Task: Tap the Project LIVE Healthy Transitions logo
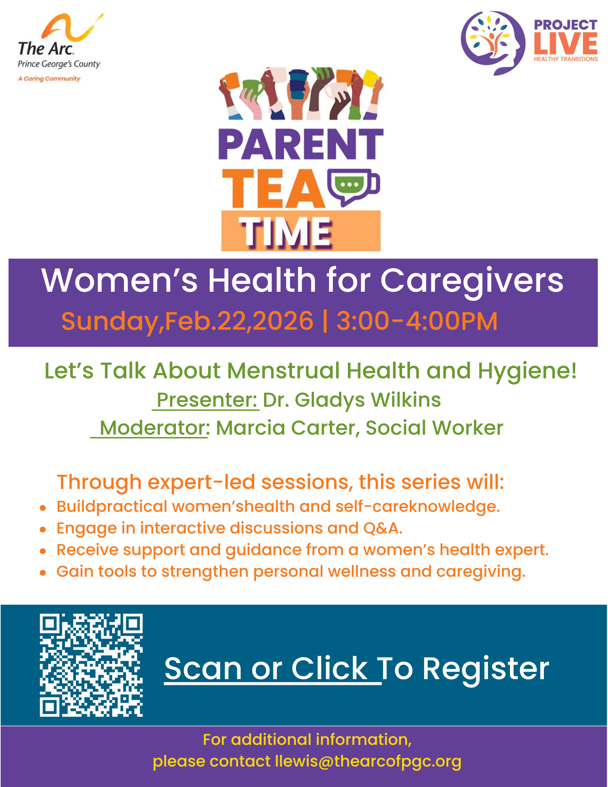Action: pos(529,43)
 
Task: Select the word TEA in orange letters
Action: pos(273,189)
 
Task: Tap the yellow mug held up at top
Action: pos(371,78)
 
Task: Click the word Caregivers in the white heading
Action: pos(471,281)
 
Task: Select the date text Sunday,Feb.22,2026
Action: pos(187,321)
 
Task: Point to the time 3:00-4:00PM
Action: pos(417,321)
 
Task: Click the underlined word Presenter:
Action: pos(207,400)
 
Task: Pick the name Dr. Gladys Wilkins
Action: pos(352,400)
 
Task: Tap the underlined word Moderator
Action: pos(152,428)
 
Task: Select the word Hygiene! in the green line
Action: pos(527,371)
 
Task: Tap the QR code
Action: pos(91,665)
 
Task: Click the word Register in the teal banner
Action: pos(486,668)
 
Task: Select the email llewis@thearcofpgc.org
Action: pos(368,761)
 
